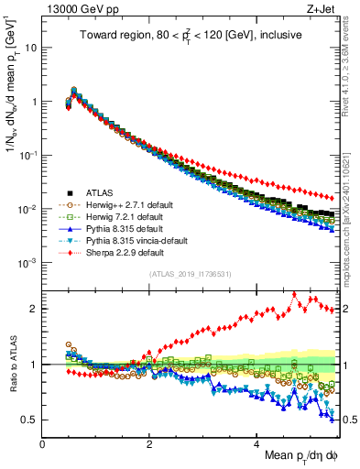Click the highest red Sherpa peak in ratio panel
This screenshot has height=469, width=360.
tap(292, 295)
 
